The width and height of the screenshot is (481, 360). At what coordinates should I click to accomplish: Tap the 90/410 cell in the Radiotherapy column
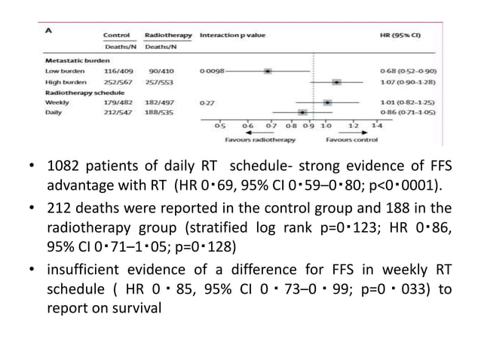(x=158, y=70)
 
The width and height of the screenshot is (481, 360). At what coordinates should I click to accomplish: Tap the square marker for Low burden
(x=268, y=70)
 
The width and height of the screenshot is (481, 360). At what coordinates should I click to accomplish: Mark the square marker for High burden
(x=336, y=81)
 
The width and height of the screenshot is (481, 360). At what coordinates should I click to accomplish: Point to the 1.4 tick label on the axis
(x=376, y=126)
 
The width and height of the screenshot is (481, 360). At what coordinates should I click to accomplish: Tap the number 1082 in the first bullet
(x=64, y=167)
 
